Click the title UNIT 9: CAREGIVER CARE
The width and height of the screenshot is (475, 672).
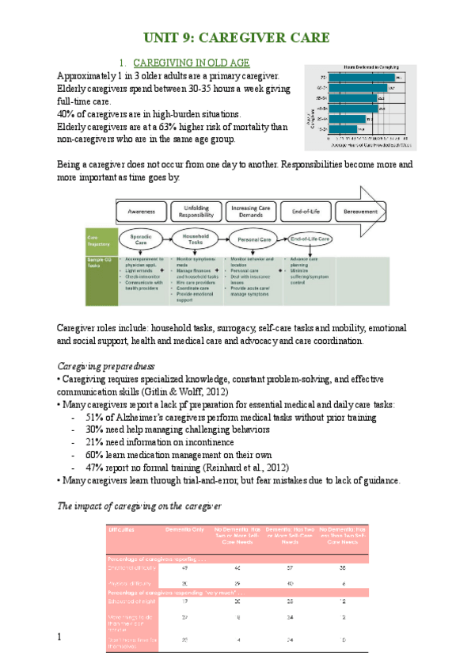pos(237,38)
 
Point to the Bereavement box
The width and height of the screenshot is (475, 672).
pos(359,212)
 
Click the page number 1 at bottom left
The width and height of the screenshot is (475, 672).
pos(59,637)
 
